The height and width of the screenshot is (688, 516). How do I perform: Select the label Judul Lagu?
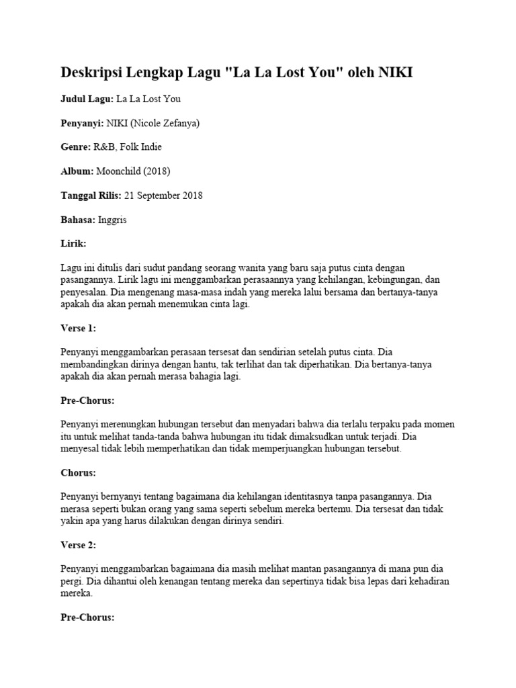coord(87,99)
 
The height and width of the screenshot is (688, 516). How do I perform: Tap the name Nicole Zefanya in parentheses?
coord(167,123)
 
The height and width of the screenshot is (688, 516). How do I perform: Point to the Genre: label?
coord(75,147)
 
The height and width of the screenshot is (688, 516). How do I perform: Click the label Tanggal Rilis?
coord(91,196)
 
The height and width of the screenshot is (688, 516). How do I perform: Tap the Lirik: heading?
coord(73,244)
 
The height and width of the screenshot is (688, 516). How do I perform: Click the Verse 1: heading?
coord(79,328)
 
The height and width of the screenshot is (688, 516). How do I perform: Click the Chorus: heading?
coord(78,472)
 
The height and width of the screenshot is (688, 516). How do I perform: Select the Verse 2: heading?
coord(79,545)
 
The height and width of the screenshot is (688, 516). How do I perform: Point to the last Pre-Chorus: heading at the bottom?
coord(87,617)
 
